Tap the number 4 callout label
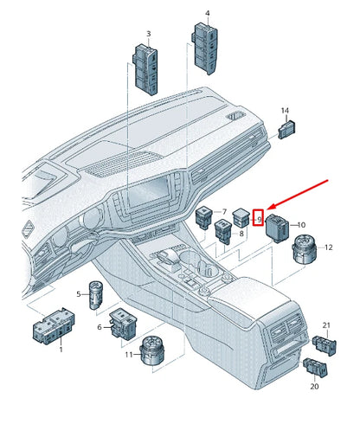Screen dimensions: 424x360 tap(208, 14)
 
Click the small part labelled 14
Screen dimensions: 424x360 tap(286, 130)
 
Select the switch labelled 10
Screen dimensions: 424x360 tap(280, 226)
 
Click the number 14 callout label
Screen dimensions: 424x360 tap(285, 111)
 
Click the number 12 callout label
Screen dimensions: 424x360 tap(328, 248)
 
